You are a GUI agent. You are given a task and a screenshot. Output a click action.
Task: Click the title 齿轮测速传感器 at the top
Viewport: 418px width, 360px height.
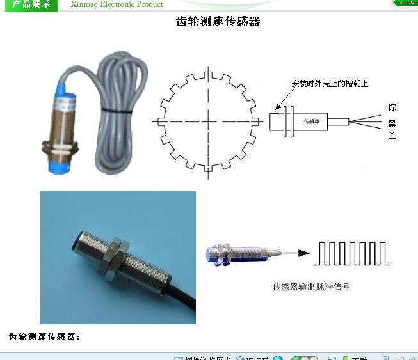(218, 22)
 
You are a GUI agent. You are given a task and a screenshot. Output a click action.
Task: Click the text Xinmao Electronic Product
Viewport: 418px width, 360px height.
(117, 4)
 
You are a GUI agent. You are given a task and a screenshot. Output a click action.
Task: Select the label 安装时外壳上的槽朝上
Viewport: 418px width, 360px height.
(330, 84)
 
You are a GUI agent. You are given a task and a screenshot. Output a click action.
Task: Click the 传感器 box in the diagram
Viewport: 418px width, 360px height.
(311, 121)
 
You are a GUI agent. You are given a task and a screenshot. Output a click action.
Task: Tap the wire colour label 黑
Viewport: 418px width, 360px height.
(392, 123)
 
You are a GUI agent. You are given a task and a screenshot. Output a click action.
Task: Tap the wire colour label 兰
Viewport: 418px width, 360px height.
(392, 136)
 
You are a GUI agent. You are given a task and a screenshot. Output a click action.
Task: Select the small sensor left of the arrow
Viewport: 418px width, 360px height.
(236, 254)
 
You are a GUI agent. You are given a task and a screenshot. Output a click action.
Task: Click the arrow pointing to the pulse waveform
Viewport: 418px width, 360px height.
(296, 253)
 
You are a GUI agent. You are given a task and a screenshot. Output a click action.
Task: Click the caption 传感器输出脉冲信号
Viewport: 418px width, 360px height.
(311, 287)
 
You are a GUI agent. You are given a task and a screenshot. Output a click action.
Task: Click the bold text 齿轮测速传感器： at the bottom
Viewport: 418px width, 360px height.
(45, 336)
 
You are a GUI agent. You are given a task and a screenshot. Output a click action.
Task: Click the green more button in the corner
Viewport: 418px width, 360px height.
(406, 3)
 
